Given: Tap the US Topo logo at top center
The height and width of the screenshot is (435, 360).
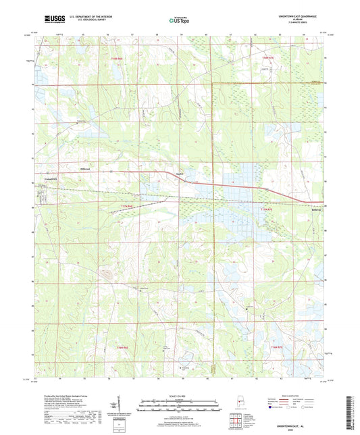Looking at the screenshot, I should point(180,20).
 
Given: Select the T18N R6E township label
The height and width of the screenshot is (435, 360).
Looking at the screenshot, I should point(118,59).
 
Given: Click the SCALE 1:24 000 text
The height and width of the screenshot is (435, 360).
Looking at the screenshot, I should point(180,395).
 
